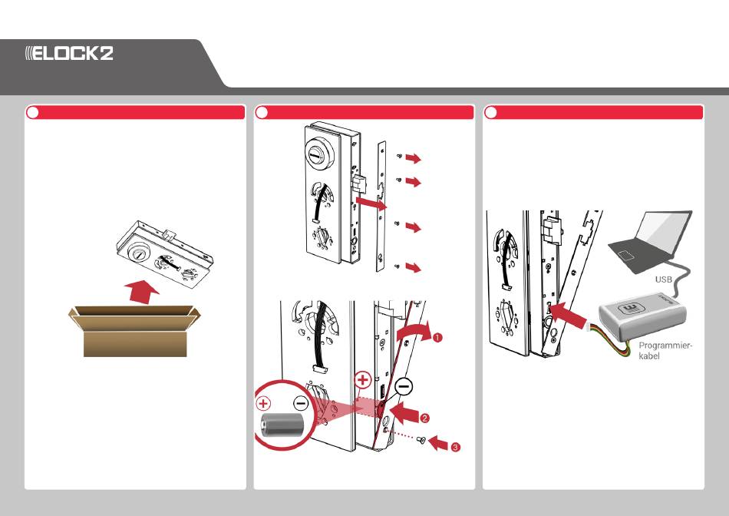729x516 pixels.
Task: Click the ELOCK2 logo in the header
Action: pyautogui.click(x=69, y=53)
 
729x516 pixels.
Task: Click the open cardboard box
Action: pyautogui.click(x=134, y=331)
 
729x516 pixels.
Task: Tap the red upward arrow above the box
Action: pyautogui.click(x=142, y=292)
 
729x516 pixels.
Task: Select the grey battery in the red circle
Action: pyautogui.click(x=282, y=425)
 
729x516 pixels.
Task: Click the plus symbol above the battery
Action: pyautogui.click(x=264, y=403)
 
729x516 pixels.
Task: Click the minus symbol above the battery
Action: pyautogui.click(x=301, y=403)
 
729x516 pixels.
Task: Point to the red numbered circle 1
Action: pyautogui.click(x=437, y=337)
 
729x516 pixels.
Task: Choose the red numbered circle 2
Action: pyautogui.click(x=424, y=418)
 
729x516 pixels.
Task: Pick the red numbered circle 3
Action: pyautogui.click(x=456, y=448)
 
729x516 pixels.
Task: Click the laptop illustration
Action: pyautogui.click(x=651, y=243)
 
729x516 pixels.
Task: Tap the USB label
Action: pyautogui.click(x=664, y=279)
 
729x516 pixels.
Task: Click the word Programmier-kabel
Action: pyautogui.click(x=665, y=351)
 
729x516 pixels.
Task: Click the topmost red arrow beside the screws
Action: pyautogui.click(x=413, y=158)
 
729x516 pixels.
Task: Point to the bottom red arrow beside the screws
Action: pyautogui.click(x=413, y=267)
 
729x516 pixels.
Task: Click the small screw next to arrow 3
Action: pyautogui.click(x=421, y=439)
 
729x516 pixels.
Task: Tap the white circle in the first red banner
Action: pyautogui.click(x=32, y=113)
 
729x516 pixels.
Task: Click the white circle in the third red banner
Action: pyautogui.click(x=491, y=113)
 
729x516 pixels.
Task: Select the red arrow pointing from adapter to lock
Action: pyautogui.click(x=568, y=315)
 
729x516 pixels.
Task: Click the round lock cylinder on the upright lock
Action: pyautogui.click(x=320, y=154)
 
